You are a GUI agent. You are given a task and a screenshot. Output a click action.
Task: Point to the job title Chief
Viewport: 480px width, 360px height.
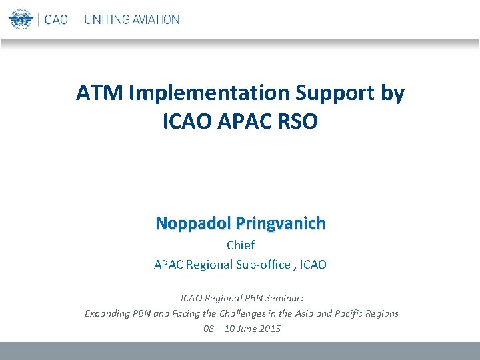coord(240,245)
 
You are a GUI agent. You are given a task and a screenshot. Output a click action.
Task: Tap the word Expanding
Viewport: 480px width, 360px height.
coord(108,313)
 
